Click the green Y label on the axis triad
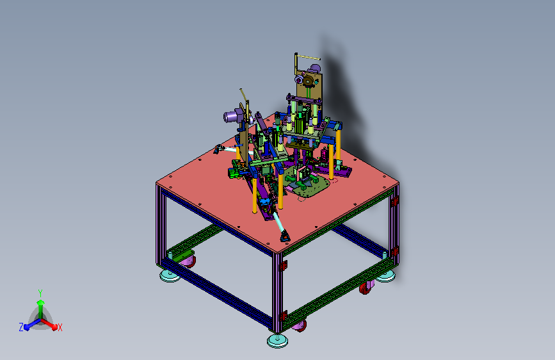40,293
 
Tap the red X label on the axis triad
60,327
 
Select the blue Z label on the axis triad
21,327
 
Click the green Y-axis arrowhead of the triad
41,303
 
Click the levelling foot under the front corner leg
277,341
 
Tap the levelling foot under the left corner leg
170,275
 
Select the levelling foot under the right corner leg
385,276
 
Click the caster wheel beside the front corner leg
300,325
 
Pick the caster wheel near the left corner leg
188,261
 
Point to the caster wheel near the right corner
366,288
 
